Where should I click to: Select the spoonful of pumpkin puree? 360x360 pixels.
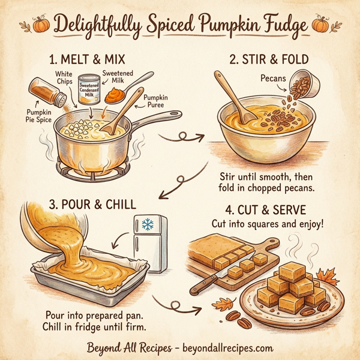click(115, 94)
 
